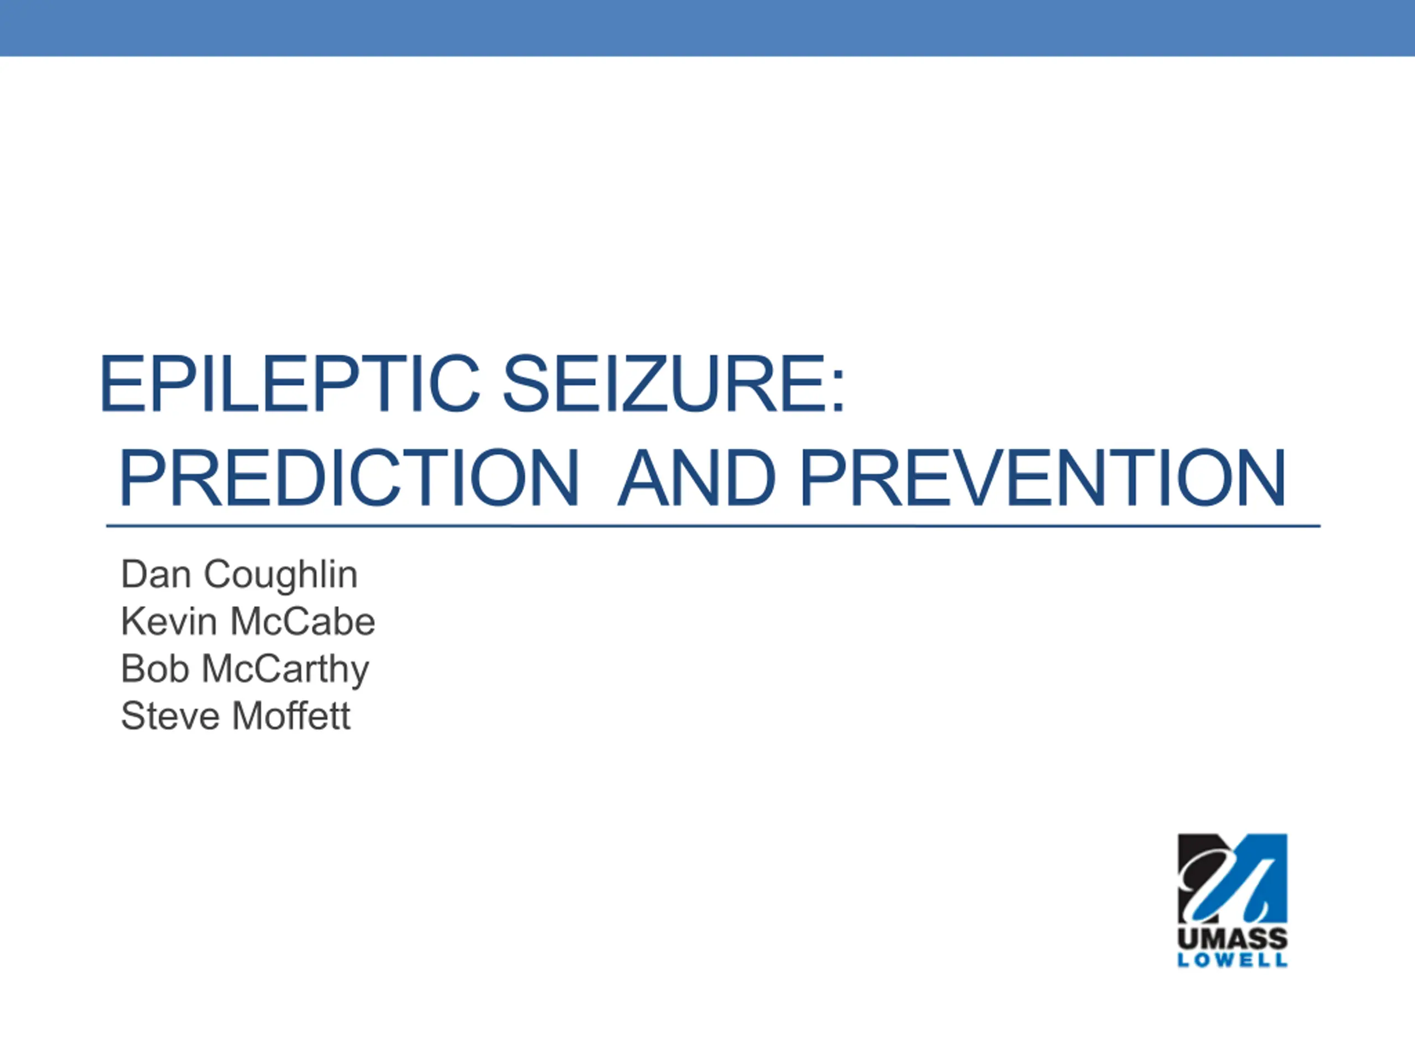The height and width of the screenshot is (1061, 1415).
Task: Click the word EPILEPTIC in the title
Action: pyautogui.click(x=290, y=383)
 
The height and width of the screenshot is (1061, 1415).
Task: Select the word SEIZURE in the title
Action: pyautogui.click(x=663, y=383)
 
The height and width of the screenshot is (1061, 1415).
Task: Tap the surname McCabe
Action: pyautogui.click(x=302, y=621)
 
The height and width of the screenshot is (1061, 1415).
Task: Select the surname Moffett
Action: pyautogui.click(x=291, y=715)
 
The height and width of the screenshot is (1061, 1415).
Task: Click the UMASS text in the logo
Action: pyautogui.click(x=1233, y=939)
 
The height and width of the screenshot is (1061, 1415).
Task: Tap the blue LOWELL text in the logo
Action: pyautogui.click(x=1233, y=960)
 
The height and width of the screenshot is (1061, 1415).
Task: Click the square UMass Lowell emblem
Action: pyautogui.click(x=1233, y=879)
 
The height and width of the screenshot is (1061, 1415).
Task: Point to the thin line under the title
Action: pyautogui.click(x=713, y=526)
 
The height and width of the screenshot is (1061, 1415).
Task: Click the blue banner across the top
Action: pyautogui.click(x=707, y=28)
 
